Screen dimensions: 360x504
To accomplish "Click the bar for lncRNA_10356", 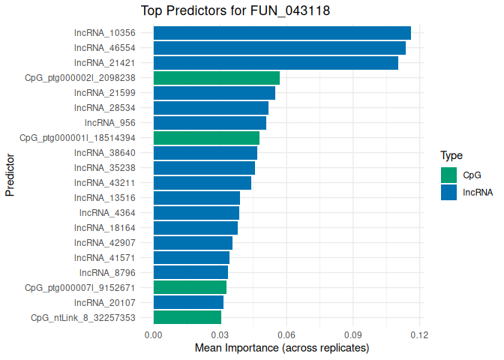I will (x=282, y=33).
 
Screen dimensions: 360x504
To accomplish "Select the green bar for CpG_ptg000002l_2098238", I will (x=216, y=78).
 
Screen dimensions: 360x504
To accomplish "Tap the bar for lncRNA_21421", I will (x=275, y=63).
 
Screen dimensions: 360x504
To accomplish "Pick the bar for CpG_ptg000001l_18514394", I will (x=206, y=138).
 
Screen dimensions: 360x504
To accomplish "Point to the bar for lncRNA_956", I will (x=210, y=123).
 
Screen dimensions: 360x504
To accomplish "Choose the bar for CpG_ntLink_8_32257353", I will (x=187, y=317).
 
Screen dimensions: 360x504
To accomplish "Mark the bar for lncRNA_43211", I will (x=202, y=183).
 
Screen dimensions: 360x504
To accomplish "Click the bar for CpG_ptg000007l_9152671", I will (x=190, y=287).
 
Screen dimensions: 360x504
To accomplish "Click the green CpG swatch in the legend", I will (x=448, y=175).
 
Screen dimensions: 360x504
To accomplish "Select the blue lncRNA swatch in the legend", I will (x=448, y=192).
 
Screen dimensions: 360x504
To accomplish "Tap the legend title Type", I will (x=451, y=156).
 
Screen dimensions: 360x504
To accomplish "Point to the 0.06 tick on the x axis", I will (x=286, y=334).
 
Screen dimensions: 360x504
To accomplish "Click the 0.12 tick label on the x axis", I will (x=419, y=334).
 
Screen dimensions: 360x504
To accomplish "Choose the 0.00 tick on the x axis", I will (x=154, y=334).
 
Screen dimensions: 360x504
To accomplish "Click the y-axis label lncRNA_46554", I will (x=104, y=48).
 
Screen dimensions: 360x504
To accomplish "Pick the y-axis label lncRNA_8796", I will (x=107, y=272).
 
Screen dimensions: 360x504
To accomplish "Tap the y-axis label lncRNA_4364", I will (x=107, y=213).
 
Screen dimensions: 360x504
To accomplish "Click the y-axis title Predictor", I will (x=10, y=175).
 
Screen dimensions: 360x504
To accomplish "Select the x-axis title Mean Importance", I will (x=282, y=349).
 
